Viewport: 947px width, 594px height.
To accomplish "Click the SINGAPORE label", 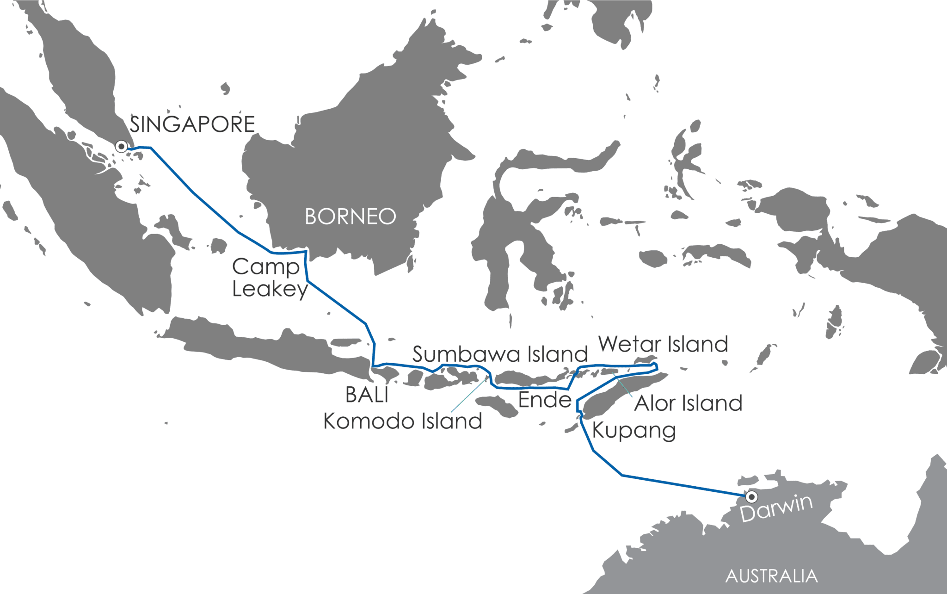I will coord(192,125).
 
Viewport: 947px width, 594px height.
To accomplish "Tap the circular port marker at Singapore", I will coord(122,147).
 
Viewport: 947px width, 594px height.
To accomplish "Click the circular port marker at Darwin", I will coord(752,497).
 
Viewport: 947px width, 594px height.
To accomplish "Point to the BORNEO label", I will coord(351,217).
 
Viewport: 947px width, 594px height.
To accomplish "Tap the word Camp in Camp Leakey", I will coord(265,267).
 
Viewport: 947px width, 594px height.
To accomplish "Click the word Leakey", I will coord(270,290).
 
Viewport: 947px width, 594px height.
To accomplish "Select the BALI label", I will coord(367,395).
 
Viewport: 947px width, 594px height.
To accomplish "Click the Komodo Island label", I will coord(402,421).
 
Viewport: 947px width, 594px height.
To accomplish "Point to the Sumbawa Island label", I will coord(500,354).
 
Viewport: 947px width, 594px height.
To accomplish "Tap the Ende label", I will coord(545,400).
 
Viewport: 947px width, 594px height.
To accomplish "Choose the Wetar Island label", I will coord(663,344).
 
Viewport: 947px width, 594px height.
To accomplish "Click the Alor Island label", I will coord(688,403).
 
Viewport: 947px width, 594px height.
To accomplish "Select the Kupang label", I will coord(634,431).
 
